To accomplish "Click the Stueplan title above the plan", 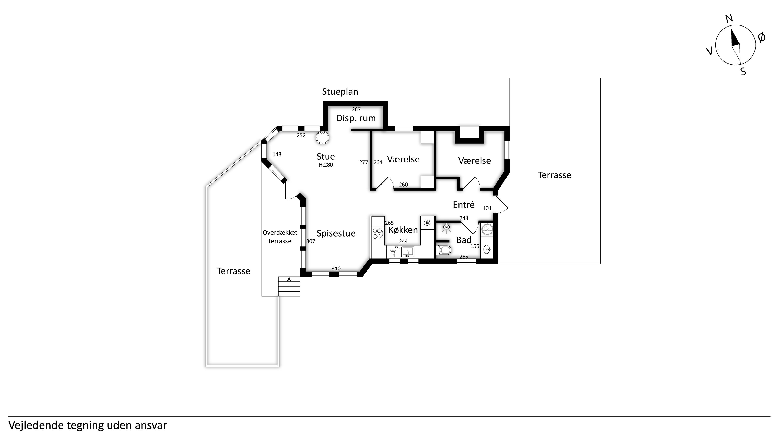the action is point(340,92).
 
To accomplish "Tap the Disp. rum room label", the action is point(356,118).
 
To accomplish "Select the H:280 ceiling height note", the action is point(326,165).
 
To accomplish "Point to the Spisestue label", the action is point(336,233).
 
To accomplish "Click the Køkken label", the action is point(403,230).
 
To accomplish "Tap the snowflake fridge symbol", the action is point(427,223).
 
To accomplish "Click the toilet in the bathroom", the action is point(443,250).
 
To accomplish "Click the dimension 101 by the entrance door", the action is point(487,208).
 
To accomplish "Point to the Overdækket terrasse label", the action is point(280,237).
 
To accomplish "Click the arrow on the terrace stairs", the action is point(289,282).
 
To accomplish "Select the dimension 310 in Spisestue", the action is point(336,269).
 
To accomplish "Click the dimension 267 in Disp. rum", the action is point(356,109).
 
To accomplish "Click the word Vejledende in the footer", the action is point(36,425).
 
